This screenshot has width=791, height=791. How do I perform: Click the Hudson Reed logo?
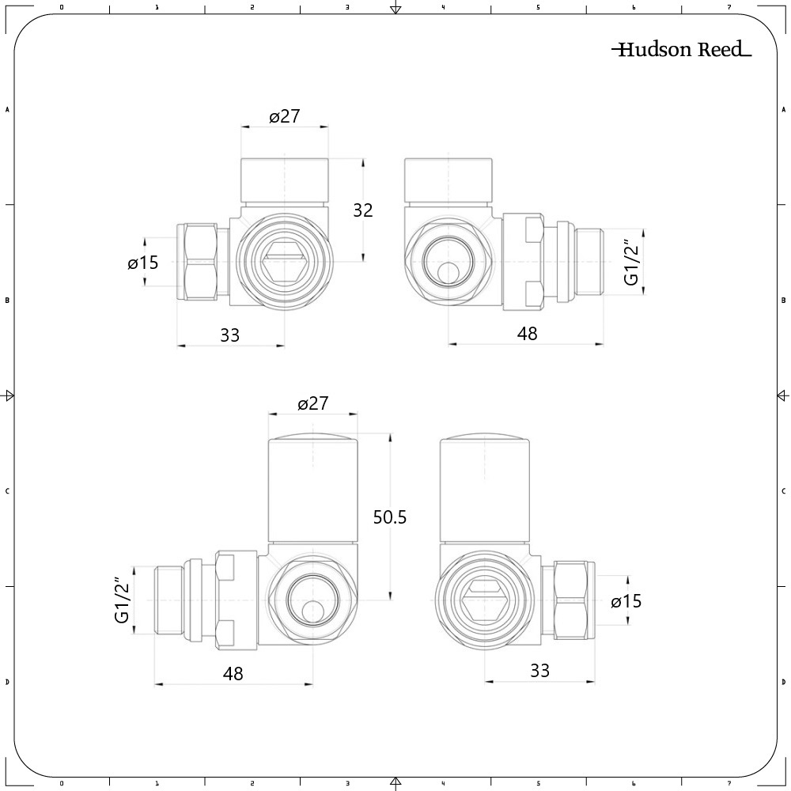tap(681, 51)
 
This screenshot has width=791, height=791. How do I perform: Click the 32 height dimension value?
tap(363, 210)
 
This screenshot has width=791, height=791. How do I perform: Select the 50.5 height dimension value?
tap(390, 517)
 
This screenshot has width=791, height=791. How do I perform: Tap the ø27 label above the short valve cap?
tap(285, 116)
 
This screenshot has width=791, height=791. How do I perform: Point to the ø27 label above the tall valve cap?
tap(312, 403)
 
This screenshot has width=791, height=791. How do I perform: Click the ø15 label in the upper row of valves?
tap(143, 263)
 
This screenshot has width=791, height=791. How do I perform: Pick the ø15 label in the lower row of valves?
tap(626, 602)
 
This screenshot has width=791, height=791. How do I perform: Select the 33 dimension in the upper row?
tap(229, 335)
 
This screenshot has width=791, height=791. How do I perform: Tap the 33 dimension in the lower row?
tap(539, 671)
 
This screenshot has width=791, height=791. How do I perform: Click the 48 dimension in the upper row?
tap(527, 334)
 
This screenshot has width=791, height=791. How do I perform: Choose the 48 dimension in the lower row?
tap(233, 674)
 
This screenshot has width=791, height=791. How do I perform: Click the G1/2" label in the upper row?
tap(632, 263)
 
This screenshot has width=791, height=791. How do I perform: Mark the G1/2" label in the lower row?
tap(122, 600)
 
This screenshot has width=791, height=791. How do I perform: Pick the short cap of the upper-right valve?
tap(448, 180)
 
